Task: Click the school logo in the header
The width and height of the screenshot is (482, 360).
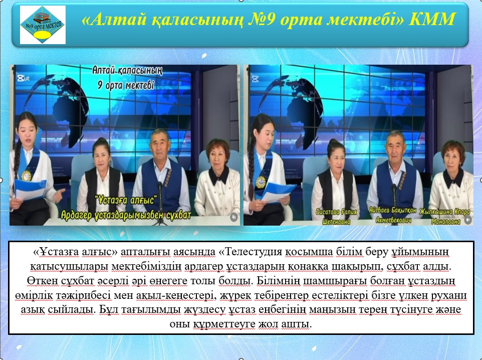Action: [43, 25]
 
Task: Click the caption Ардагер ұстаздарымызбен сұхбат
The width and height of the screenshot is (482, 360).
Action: [126, 215]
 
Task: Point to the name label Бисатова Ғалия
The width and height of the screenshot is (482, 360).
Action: [336, 212]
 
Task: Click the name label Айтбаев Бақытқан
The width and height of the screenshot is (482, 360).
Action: [392, 211]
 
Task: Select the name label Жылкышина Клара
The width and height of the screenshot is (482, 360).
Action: [445, 212]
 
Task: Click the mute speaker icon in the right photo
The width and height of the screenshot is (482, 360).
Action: [468, 220]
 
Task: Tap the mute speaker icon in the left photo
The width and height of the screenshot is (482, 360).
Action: [234, 217]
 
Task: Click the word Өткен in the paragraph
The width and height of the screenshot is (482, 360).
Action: [42, 281]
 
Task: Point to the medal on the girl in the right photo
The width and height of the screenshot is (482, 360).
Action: [261, 182]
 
